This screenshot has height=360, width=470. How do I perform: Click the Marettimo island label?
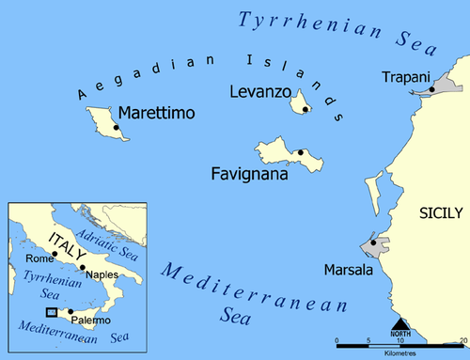tap(158, 114)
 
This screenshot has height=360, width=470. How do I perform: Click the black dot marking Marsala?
tap(374, 243)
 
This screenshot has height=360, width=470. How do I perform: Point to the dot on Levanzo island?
tap(306, 109)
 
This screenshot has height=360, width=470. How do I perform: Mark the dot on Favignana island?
tap(300, 152)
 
